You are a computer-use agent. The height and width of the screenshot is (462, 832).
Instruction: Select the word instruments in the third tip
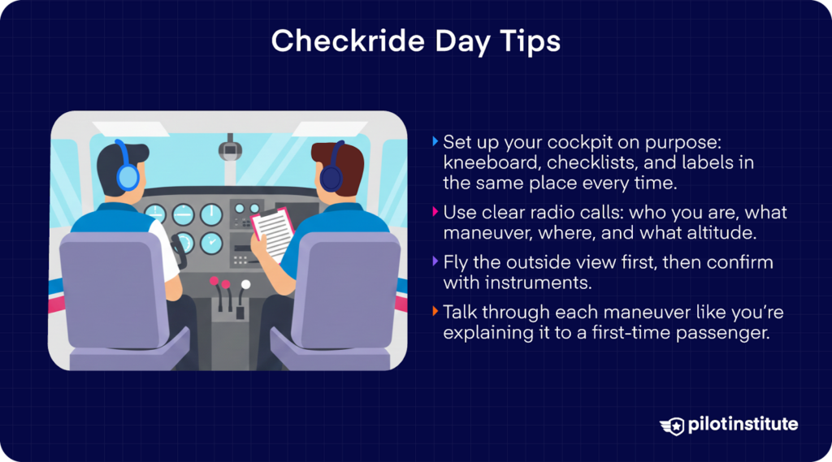[x=547, y=283]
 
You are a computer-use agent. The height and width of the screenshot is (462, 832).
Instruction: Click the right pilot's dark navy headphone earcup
[x=331, y=177]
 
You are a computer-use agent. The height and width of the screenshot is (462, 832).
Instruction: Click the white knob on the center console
[x=245, y=285]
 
